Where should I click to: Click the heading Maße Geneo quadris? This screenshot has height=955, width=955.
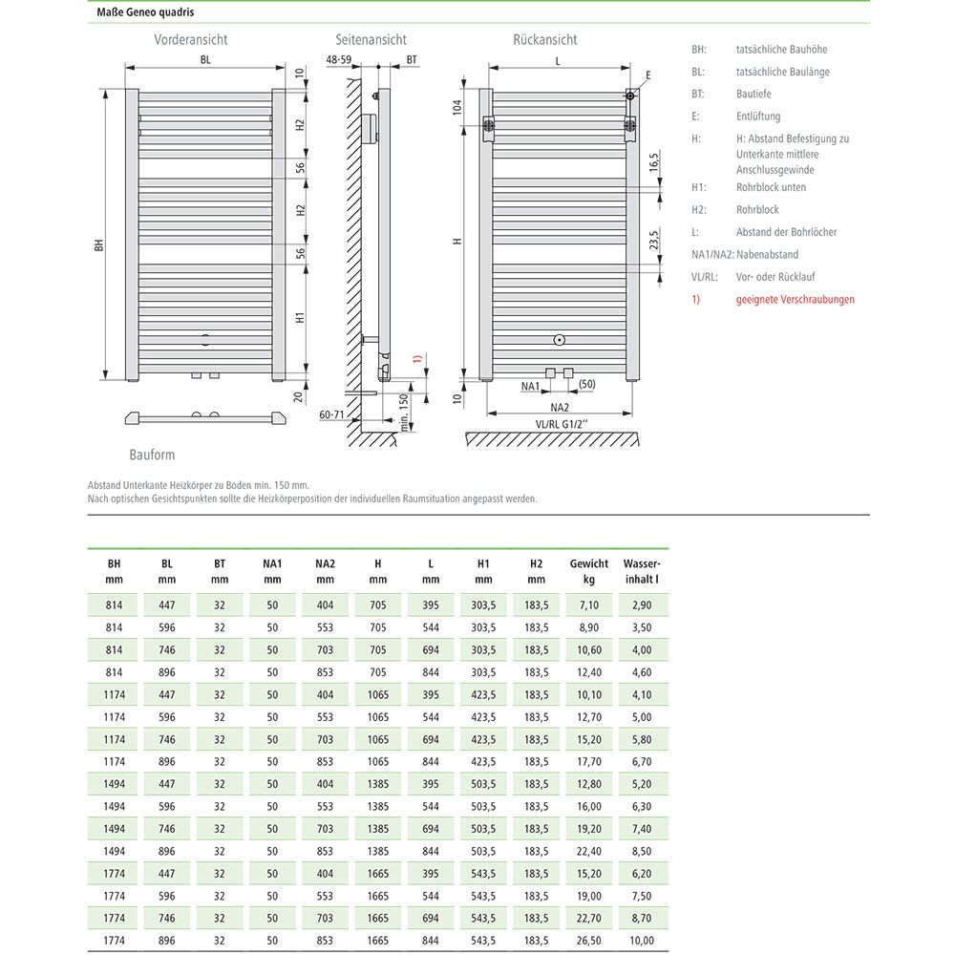tap(145, 13)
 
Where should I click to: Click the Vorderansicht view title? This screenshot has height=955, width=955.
tap(191, 40)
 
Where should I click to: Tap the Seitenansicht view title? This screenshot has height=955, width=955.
tap(371, 40)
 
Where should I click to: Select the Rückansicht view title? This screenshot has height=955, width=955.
tap(544, 40)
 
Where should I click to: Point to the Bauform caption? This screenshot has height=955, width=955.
tap(152, 456)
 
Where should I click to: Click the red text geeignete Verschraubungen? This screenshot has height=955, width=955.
tap(795, 300)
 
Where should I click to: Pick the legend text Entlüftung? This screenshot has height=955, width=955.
tap(758, 117)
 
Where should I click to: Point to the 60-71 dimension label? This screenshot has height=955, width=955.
tap(332, 414)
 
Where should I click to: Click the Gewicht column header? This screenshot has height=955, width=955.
tap(588, 571)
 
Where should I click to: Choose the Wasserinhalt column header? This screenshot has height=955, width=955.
tap(642, 571)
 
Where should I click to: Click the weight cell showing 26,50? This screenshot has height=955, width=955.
tap(588, 941)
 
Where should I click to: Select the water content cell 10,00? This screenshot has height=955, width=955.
tap(642, 941)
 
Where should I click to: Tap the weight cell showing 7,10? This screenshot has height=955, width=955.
tap(588, 605)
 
